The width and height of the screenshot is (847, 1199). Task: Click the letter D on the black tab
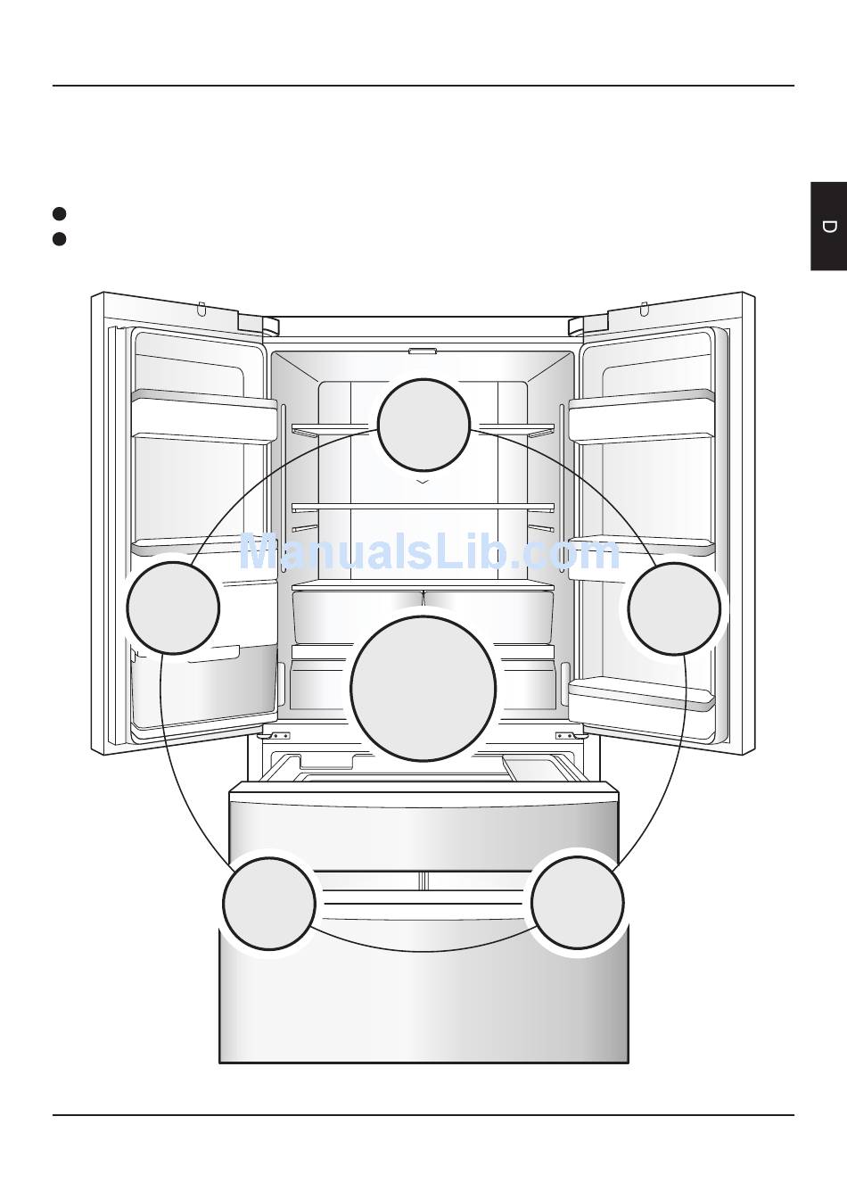(829, 227)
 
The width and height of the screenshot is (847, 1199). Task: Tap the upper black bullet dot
(60, 213)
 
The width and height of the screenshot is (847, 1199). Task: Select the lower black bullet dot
(60, 239)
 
